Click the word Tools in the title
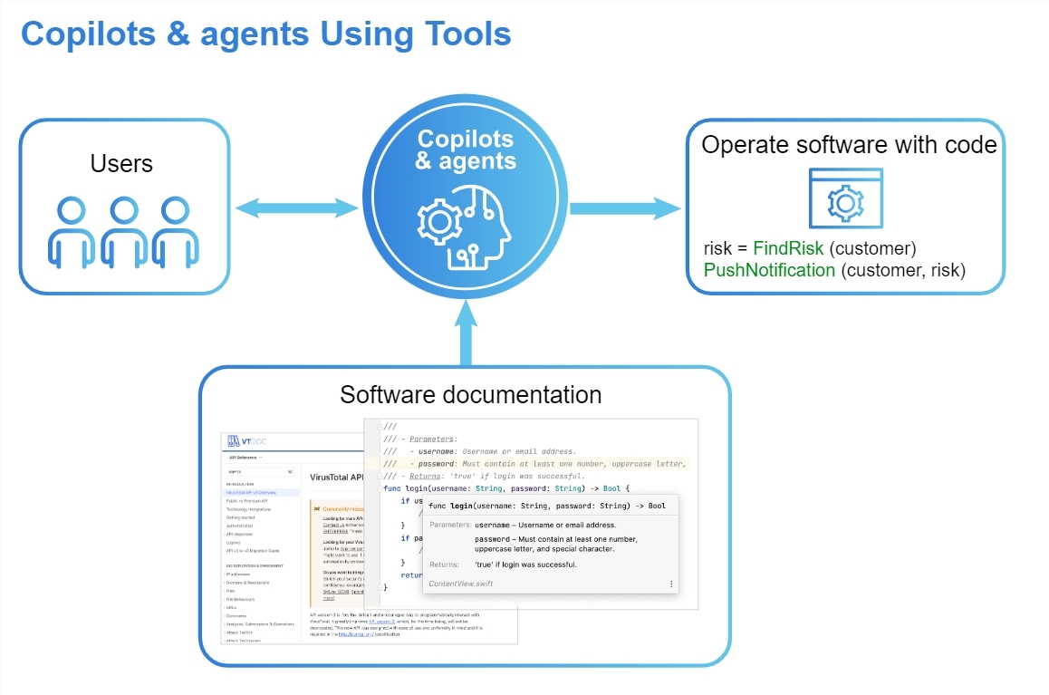466,34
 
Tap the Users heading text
121,164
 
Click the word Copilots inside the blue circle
465,140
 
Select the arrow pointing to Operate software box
624,210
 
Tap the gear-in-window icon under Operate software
845,199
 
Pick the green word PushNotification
769,270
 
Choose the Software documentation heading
470,395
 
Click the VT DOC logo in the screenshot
247,441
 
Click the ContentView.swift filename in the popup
468,584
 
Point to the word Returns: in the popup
449,565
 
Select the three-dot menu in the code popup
671,584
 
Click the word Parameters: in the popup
450,525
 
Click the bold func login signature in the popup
547,506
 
